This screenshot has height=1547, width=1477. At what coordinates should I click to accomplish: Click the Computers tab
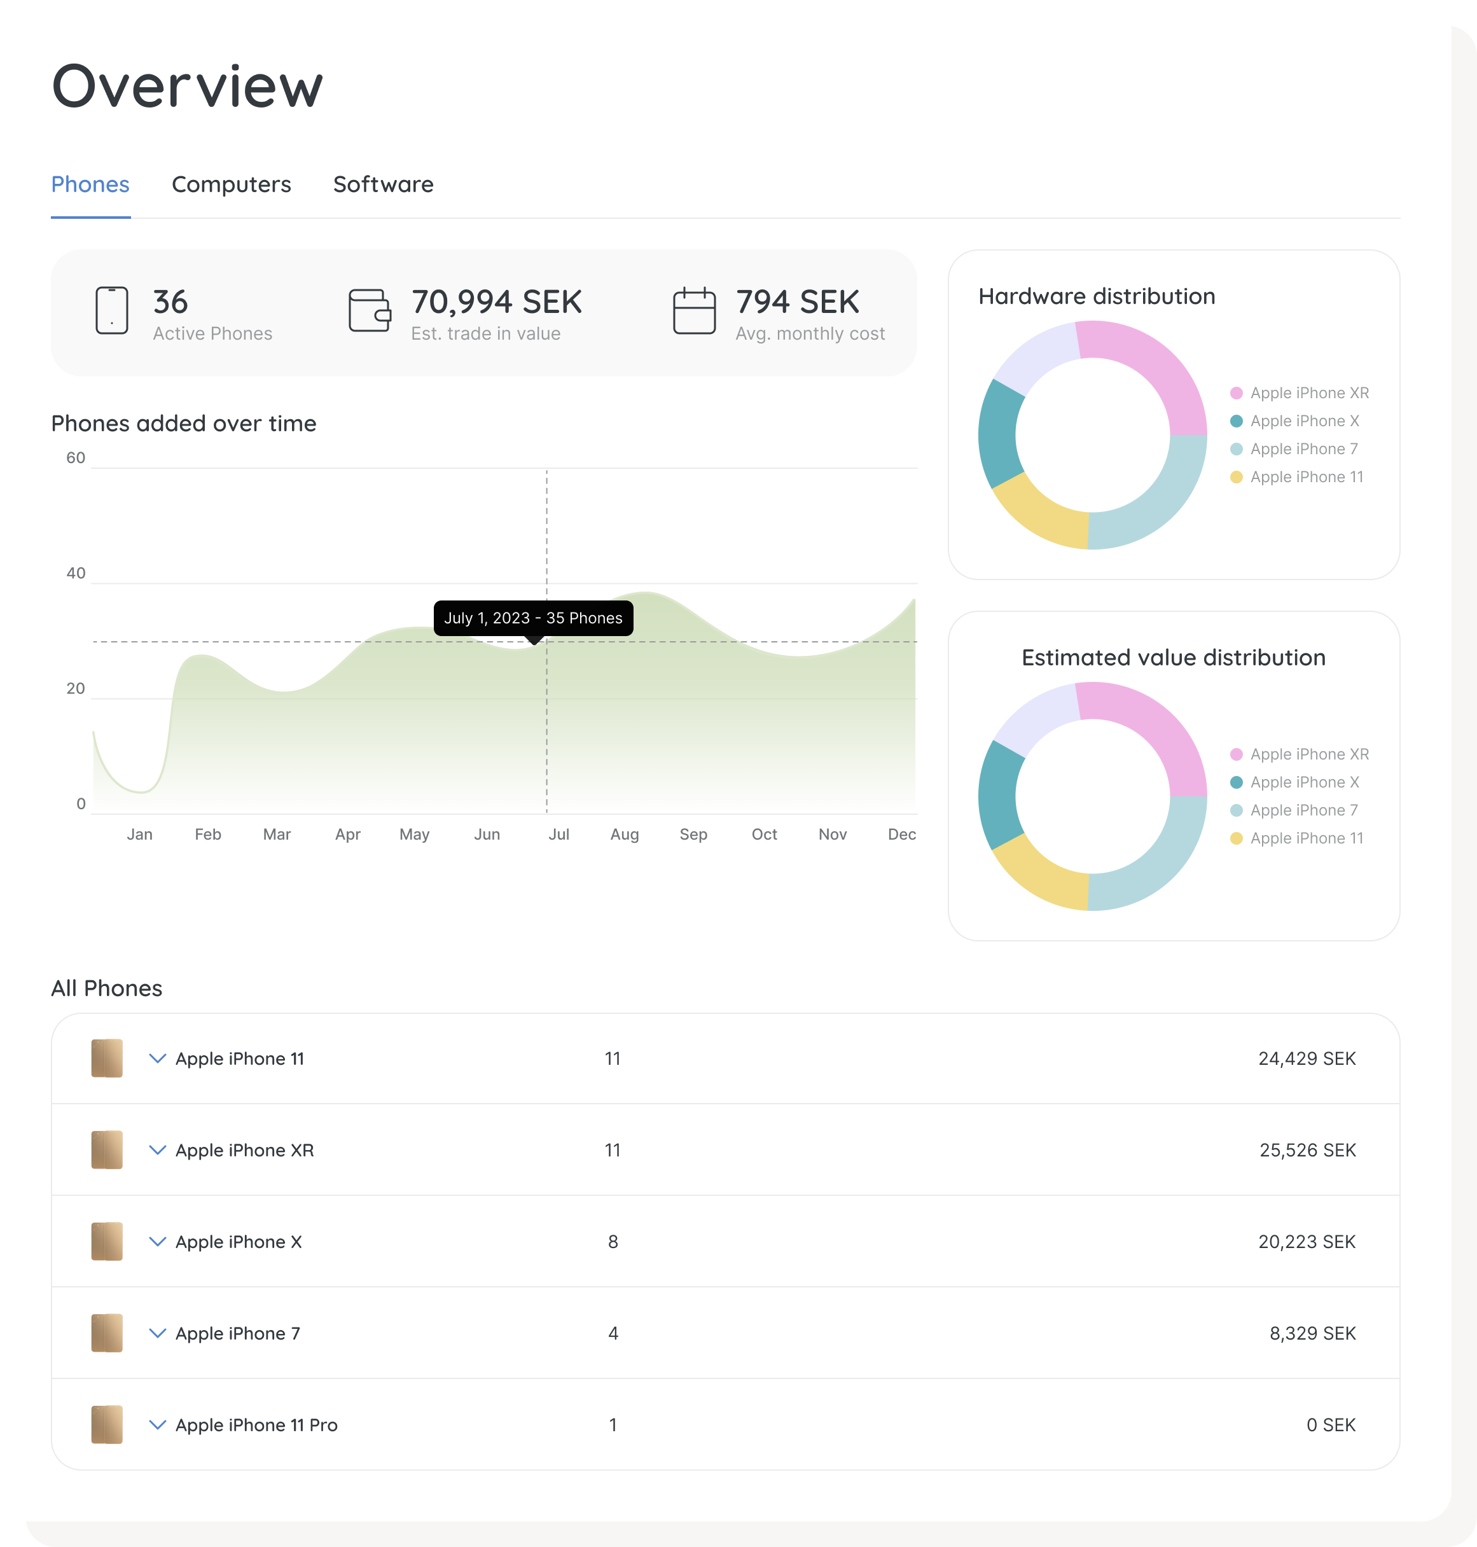pos(232,184)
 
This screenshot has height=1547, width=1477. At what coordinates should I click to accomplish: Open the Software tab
pos(384,184)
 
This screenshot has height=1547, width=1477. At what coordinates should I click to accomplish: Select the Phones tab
pos(90,184)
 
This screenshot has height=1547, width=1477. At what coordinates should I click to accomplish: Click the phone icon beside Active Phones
pos(112,310)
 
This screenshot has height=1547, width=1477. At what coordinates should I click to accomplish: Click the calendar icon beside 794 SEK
pos(695,310)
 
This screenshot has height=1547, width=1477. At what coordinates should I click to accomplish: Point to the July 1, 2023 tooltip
pos(534,618)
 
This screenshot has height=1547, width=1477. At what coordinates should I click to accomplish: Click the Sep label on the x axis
pos(693,834)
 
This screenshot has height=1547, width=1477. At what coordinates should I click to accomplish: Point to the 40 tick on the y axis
pos(76,573)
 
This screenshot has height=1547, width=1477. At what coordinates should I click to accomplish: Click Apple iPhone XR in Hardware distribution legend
pos(1309,393)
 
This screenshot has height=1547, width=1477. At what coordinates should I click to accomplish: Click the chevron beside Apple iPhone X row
pos(158,1242)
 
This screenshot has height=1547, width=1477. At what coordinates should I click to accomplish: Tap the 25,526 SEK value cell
pos(1308,1150)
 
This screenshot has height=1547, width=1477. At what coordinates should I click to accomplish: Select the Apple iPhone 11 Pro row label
pos(257,1425)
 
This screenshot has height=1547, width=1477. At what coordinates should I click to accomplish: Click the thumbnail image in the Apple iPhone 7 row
pos(107,1333)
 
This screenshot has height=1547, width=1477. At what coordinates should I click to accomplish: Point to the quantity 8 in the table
pos(613,1242)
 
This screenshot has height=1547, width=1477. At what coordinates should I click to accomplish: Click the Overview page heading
pos(188,86)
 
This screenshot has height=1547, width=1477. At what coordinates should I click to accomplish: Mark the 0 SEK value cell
pos(1331,1425)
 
